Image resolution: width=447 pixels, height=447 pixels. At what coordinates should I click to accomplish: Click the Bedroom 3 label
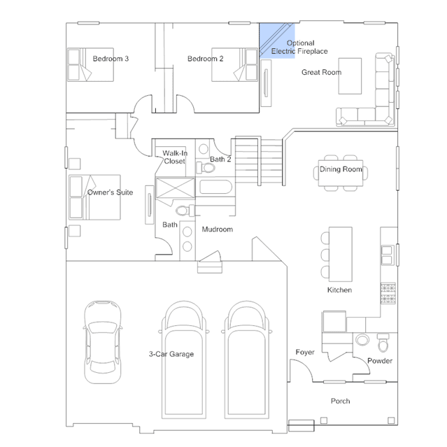pyautogui.click(x=111, y=59)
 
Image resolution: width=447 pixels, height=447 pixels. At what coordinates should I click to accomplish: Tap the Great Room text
pyautogui.click(x=321, y=73)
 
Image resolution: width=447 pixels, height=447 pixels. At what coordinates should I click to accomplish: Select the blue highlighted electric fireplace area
pyautogui.click(x=277, y=41)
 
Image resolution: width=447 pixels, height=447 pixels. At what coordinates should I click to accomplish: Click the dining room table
pyautogui.click(x=341, y=173)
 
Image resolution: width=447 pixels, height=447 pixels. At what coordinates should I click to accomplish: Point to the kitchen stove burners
pyautogui.click(x=388, y=293)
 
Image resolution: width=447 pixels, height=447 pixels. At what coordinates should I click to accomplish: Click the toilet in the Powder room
pyautogui.click(x=383, y=343)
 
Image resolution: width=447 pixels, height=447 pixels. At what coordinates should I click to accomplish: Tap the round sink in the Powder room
pyautogui.click(x=362, y=340)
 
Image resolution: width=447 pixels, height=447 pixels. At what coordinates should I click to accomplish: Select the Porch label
pyautogui.click(x=341, y=401)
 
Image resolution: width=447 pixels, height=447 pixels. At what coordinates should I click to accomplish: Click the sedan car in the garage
pyautogui.click(x=103, y=342)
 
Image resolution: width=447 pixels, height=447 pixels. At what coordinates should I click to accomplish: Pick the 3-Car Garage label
pyautogui.click(x=171, y=354)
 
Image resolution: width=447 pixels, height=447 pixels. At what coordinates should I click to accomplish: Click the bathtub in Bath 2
pyautogui.click(x=215, y=187)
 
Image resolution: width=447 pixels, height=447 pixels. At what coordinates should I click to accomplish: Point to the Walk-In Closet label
pyautogui.click(x=175, y=157)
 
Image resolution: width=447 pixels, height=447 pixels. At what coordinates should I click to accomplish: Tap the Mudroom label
pyautogui.click(x=218, y=229)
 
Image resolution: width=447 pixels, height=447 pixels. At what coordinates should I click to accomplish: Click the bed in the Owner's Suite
pyautogui.click(x=94, y=197)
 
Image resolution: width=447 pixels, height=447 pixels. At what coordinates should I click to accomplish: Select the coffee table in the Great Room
pyautogui.click(x=350, y=76)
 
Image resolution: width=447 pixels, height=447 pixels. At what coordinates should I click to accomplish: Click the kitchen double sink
pyautogui.click(x=387, y=255)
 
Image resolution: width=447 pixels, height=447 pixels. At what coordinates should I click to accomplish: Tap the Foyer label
pyautogui.click(x=305, y=353)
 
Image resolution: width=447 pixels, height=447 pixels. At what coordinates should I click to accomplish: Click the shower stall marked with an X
pyautogui.click(x=176, y=187)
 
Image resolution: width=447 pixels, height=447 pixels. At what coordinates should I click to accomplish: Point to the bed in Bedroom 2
pyautogui.click(x=234, y=65)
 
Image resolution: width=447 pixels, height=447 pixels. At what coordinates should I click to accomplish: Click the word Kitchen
pyautogui.click(x=339, y=290)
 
